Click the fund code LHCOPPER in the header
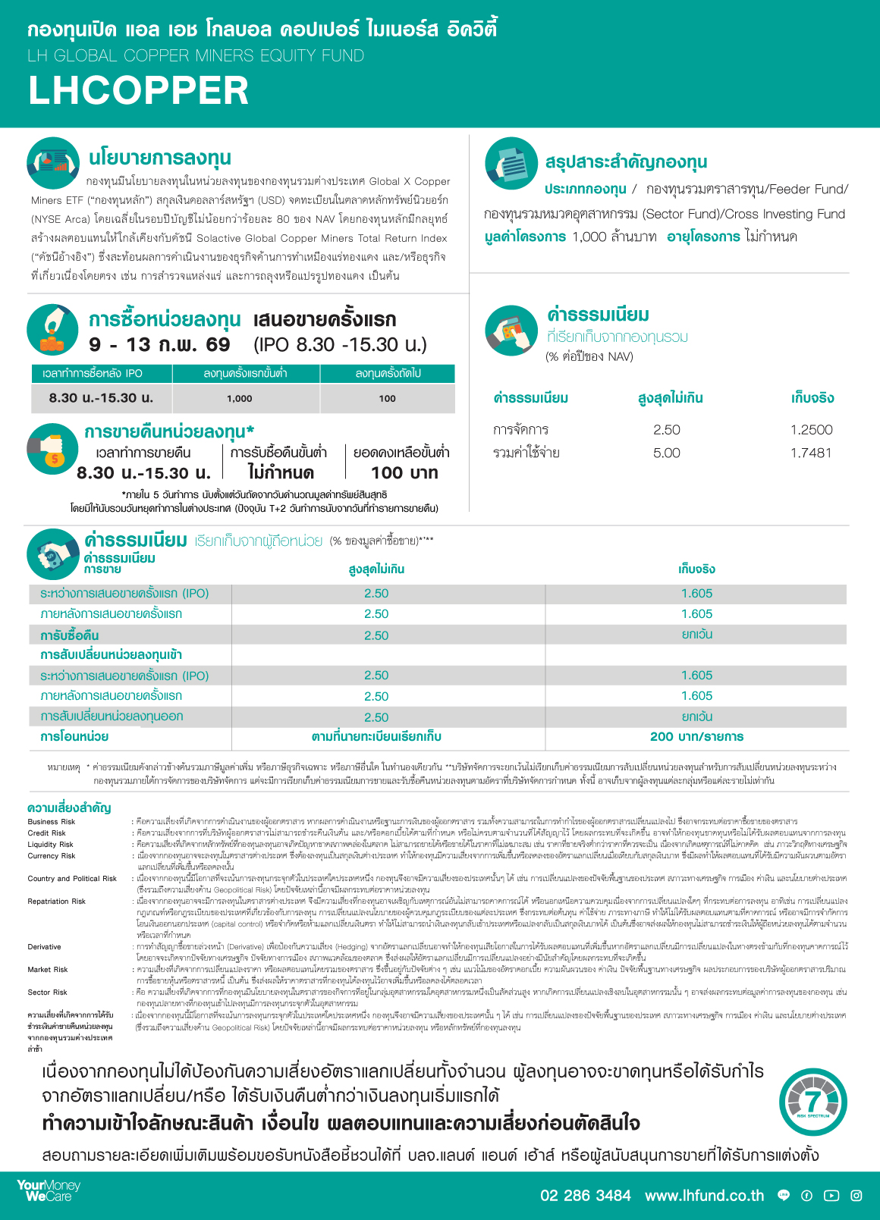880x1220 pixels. pos(139,90)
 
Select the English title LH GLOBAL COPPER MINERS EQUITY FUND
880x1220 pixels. pos(196,55)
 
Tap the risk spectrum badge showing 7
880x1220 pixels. pos(812,1102)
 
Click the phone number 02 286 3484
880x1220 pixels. pos(585,1196)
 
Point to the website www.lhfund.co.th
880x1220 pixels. pos(704,1196)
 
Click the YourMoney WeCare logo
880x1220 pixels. pos(49,1190)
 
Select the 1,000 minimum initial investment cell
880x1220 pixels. pos(240,398)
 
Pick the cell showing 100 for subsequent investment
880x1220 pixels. pos(387,398)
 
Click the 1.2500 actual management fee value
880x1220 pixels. pos(811,430)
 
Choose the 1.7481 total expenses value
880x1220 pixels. pos(811,453)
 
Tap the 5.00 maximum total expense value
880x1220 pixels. pos(666,453)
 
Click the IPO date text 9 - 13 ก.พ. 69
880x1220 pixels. pos(159,345)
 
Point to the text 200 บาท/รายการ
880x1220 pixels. pos(696,736)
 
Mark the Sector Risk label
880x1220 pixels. pos(47,992)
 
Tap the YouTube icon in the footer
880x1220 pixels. pos(831,1196)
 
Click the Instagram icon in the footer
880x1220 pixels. pos(856,1196)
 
